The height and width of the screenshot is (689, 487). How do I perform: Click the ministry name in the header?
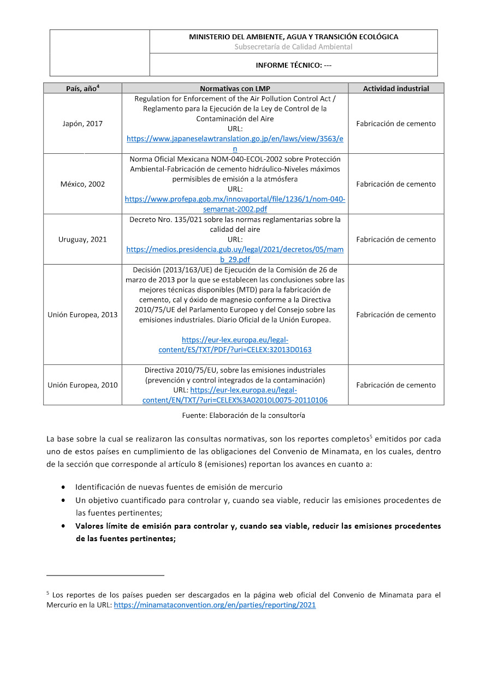click(293, 37)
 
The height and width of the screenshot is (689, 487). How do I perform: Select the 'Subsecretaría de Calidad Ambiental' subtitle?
click(293, 47)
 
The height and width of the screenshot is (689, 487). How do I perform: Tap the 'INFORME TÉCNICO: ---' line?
click(293, 65)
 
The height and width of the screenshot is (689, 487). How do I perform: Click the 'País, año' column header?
click(82, 88)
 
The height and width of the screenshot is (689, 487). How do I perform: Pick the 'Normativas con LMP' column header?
click(235, 88)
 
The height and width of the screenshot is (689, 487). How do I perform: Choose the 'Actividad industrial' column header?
click(396, 88)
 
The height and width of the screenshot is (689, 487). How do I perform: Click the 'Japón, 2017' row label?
click(82, 124)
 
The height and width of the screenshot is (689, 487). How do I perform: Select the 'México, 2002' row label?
click(82, 184)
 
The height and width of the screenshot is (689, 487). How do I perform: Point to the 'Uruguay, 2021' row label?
click(82, 239)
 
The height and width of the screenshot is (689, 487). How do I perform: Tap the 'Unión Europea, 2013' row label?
click(82, 315)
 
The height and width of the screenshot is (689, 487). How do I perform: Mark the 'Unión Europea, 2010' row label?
click(82, 385)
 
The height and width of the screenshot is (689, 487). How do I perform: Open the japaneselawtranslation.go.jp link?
click(235, 139)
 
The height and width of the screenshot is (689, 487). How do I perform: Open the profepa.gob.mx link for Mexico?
click(235, 200)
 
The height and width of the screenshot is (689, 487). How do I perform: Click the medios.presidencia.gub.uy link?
click(235, 249)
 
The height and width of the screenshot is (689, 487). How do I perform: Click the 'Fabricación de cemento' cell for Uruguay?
click(396, 239)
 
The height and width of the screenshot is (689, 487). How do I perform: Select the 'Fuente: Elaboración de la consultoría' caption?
click(243, 416)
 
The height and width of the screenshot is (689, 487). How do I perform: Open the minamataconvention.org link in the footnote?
click(215, 605)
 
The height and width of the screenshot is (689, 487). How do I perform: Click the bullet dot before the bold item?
click(65, 526)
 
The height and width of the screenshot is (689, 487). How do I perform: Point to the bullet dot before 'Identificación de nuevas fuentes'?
click(65, 487)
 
